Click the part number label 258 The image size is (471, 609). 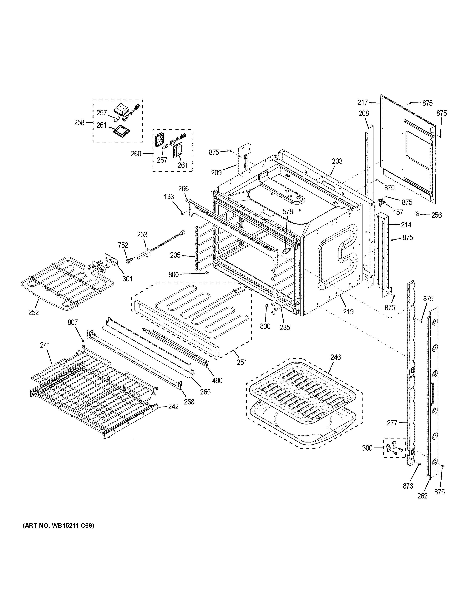(x=79, y=122)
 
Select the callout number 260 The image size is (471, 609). (x=136, y=154)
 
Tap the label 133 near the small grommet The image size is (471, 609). (x=169, y=197)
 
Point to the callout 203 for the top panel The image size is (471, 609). (x=337, y=161)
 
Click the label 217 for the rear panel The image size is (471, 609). (x=363, y=103)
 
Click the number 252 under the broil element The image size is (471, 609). (x=33, y=312)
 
